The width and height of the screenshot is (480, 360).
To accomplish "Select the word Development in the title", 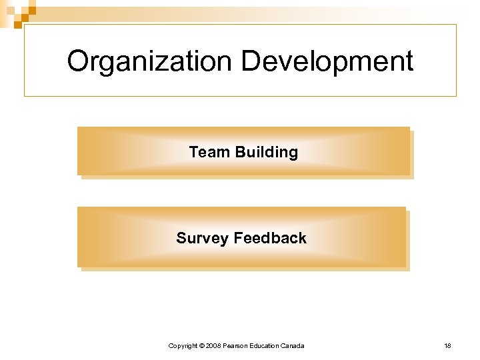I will click(327, 61).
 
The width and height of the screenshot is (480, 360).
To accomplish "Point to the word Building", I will click(267, 152).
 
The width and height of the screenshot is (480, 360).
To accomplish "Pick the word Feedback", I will click(270, 238).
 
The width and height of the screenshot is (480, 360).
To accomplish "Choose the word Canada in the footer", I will click(293, 345).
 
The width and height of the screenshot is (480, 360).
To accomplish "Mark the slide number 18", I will click(448, 345).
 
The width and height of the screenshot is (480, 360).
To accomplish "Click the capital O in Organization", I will click(78, 61).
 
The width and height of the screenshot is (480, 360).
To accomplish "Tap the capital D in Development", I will click(250, 61).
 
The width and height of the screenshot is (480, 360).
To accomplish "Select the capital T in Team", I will click(194, 152).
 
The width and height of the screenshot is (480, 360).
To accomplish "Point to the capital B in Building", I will click(240, 152).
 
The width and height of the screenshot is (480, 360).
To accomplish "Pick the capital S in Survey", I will click(181, 238).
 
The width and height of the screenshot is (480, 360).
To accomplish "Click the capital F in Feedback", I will click(239, 238).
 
